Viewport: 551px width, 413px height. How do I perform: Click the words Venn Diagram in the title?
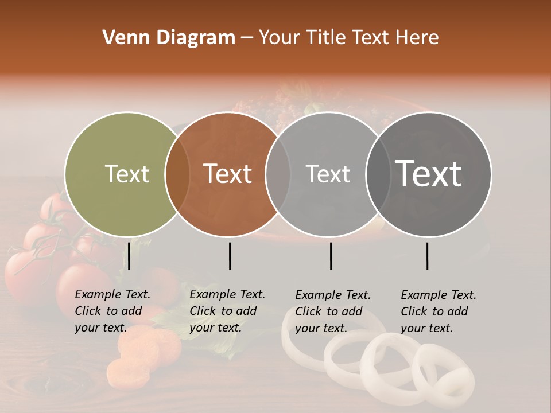point(169,38)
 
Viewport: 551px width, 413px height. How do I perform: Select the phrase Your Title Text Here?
point(348,38)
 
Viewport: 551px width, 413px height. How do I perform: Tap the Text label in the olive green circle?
point(127,174)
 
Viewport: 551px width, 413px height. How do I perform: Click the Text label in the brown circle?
point(228,174)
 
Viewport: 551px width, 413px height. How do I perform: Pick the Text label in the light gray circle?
point(328,174)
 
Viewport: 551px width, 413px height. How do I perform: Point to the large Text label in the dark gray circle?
point(429,174)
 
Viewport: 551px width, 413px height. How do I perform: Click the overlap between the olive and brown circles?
point(177,174)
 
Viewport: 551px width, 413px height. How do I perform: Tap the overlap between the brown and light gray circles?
point(278,174)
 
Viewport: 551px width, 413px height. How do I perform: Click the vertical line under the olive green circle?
point(129,256)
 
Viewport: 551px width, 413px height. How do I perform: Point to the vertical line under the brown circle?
point(230,256)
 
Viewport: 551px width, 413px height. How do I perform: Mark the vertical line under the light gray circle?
point(331,256)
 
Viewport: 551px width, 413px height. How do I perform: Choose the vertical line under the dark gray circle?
point(427,256)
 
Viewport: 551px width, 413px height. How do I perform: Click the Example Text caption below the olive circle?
point(112,311)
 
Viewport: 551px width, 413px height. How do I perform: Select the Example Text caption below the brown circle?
point(227,311)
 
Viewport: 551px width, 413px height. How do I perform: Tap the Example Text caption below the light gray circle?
point(332,311)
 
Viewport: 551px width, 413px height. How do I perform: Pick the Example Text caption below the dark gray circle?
point(438,311)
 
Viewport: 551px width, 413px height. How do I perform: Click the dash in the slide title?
point(246,38)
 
